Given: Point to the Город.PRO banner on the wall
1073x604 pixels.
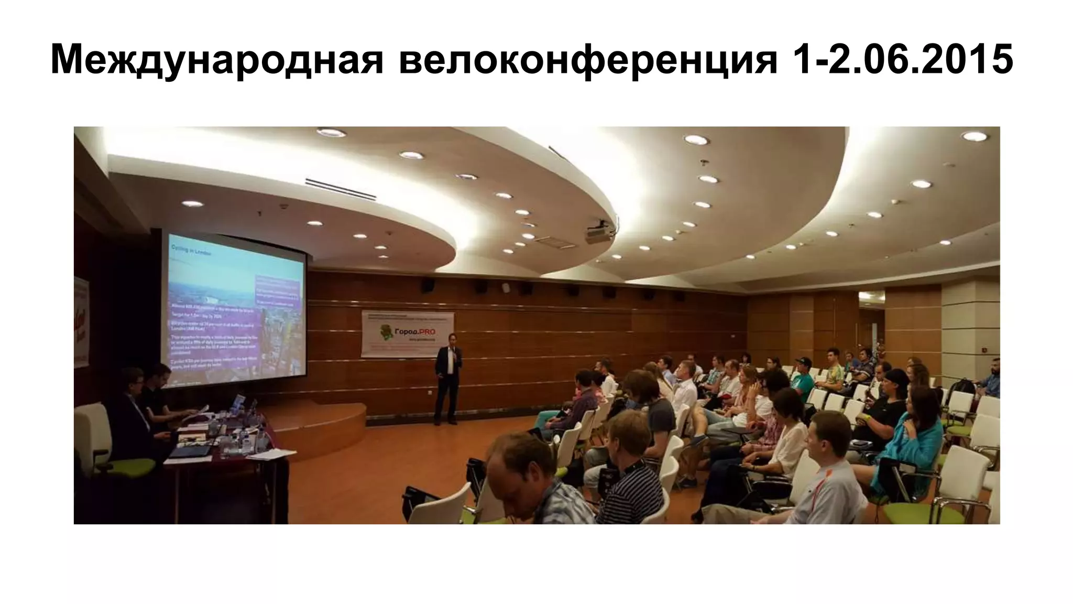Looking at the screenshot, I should click(407, 334).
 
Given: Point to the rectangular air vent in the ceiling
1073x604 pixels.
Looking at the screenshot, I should click(341, 189).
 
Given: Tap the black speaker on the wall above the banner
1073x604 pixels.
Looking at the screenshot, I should click(429, 285).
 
